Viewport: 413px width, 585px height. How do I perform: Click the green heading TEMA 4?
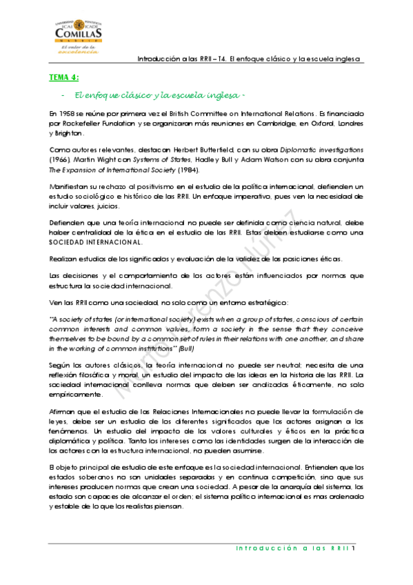pyautogui.click(x=64, y=77)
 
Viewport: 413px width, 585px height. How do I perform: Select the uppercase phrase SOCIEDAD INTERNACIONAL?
pyautogui.click(x=96, y=242)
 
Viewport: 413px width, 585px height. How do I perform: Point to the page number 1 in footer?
pyautogui.click(x=353, y=549)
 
